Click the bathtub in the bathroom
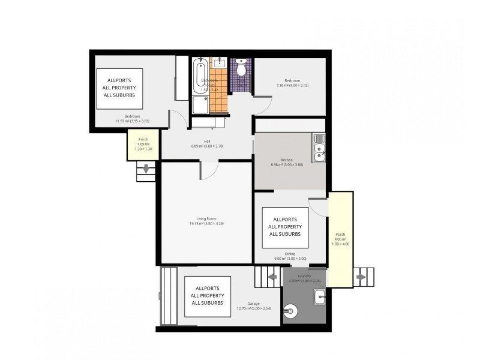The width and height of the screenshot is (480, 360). [x=200, y=75]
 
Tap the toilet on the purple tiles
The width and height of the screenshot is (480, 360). [x=241, y=69]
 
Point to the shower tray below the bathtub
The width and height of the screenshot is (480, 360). [x=200, y=105]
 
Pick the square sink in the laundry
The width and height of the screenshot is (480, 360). [x=320, y=296]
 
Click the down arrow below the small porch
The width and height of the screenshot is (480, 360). [x=145, y=170]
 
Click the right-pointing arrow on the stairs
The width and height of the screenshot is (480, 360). [x=361, y=277]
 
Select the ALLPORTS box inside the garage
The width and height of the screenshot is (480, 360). [x=207, y=292]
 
